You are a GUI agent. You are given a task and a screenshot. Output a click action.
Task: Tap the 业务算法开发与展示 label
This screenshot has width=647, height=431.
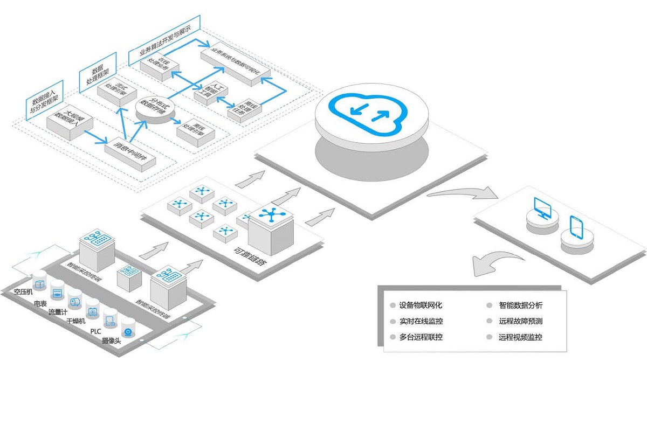tap(164, 39)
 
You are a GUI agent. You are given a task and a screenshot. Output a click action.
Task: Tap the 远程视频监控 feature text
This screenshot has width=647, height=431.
tap(520, 337)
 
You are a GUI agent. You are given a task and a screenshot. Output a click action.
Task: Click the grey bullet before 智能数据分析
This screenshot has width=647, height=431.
tap(489, 305)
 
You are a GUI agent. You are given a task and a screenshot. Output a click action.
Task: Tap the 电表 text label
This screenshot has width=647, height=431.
tap(40, 304)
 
